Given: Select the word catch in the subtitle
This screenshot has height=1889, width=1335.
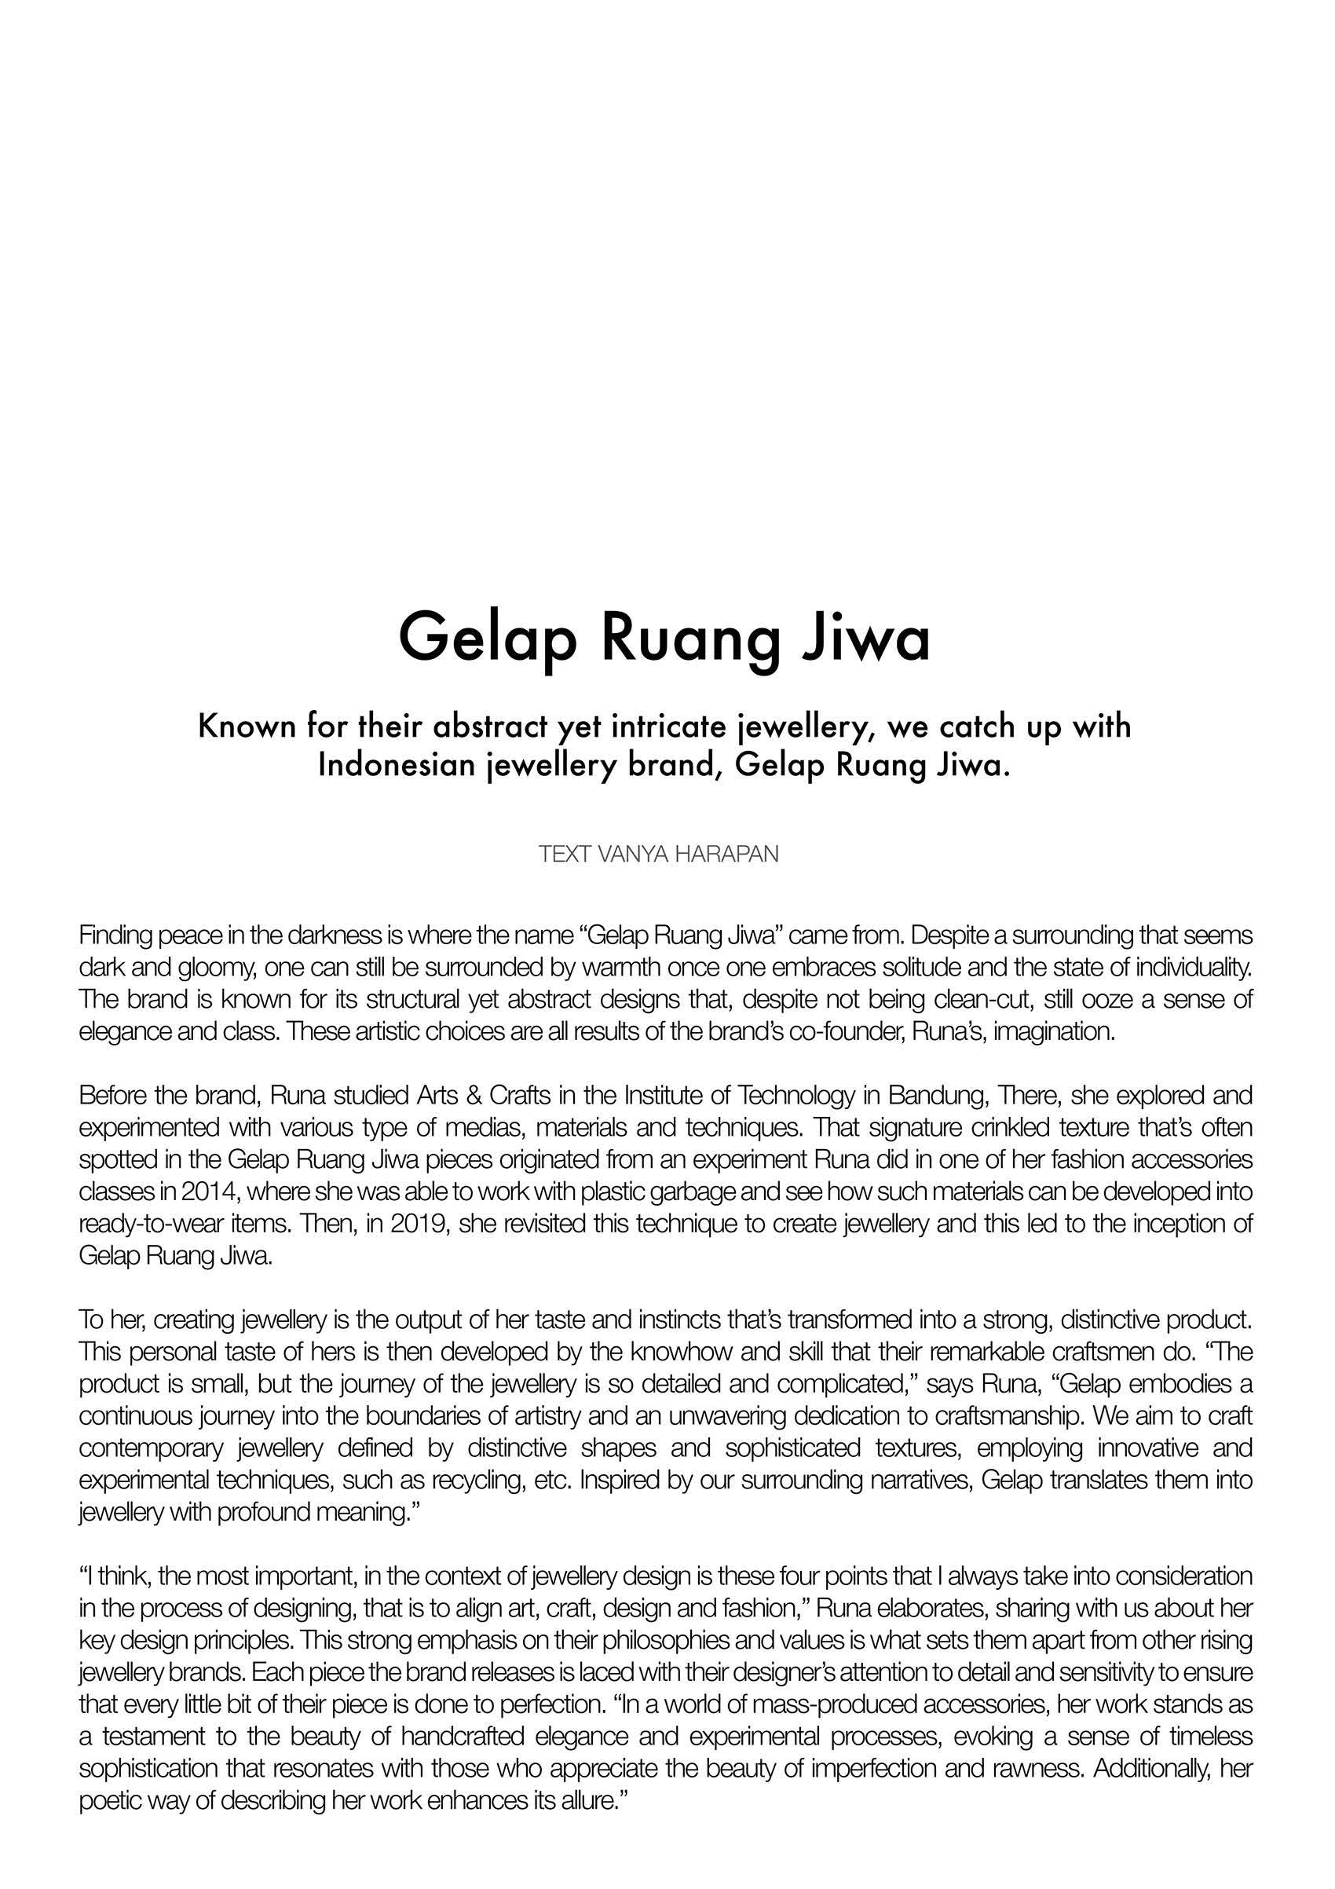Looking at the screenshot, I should tap(964, 727).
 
